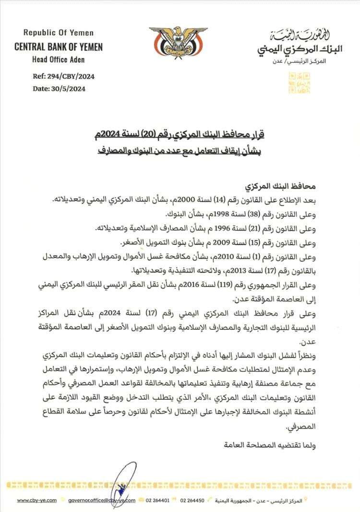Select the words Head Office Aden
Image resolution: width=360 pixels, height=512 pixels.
[59, 60]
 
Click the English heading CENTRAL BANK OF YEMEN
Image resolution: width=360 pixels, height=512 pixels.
[59, 48]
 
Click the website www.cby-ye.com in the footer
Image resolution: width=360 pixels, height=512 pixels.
[37, 500]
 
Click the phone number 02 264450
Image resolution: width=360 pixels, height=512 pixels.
[192, 500]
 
